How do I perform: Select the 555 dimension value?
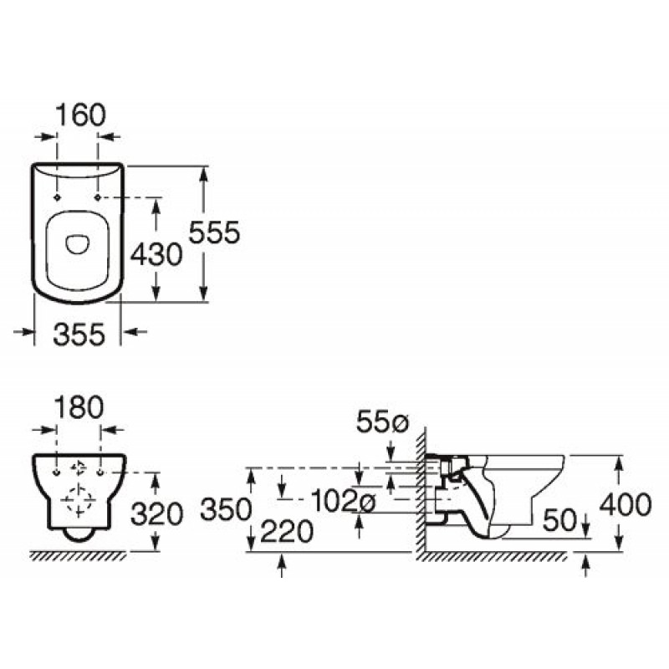[215, 232]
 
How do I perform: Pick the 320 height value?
[157, 513]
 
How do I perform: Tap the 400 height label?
[626, 504]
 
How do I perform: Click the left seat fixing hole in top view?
[57, 197]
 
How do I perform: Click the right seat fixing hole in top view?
[98, 197]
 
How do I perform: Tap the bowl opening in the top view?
[77, 243]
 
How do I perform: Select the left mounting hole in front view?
[57, 472]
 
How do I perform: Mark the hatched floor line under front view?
[79, 554]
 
